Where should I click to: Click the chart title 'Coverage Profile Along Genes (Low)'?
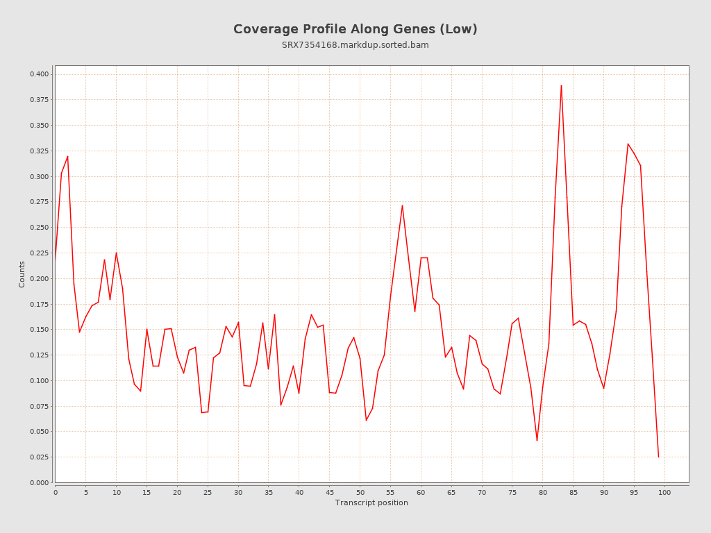click(x=355, y=29)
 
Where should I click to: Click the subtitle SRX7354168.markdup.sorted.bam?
click(x=355, y=45)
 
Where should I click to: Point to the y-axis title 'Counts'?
click(x=22, y=274)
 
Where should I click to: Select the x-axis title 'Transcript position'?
click(x=371, y=502)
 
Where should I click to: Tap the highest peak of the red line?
click(x=561, y=85)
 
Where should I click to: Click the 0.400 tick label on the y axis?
click(x=39, y=74)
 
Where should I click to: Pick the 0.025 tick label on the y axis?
click(x=39, y=457)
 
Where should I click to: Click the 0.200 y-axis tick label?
click(x=39, y=278)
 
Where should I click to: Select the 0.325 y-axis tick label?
click(x=39, y=151)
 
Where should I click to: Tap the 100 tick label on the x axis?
click(x=664, y=492)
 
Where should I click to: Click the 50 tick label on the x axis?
click(x=360, y=492)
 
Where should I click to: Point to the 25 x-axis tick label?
click(x=208, y=492)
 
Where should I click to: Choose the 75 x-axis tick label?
click(x=512, y=492)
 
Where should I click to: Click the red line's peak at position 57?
click(x=402, y=205)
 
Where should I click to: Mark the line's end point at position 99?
click(x=658, y=457)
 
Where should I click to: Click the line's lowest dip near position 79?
click(x=537, y=440)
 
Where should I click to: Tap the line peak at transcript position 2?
click(x=67, y=156)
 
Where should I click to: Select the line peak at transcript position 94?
click(x=628, y=144)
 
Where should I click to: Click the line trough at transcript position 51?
click(x=366, y=420)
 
